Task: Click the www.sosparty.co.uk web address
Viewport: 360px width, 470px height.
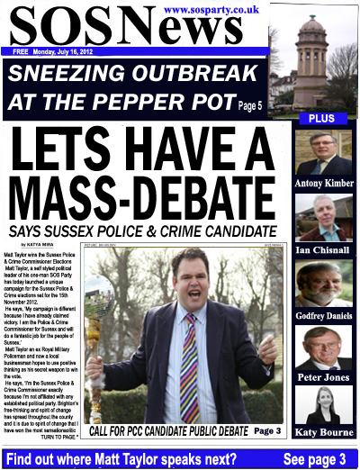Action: coord(212,9)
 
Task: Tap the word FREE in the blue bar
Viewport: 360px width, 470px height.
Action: coord(21,51)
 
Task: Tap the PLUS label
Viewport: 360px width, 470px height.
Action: coord(321,119)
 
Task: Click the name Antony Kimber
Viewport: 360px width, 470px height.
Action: coord(322,185)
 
